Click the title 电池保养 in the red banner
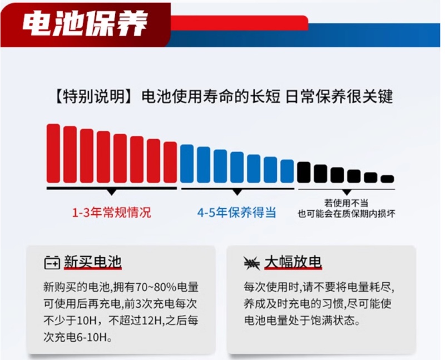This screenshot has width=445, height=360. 85,24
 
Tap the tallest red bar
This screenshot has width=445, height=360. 53,154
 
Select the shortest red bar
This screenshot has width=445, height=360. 170,162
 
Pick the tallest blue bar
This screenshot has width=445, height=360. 187,164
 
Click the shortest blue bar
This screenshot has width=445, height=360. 287,171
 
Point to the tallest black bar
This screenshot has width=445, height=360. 304,172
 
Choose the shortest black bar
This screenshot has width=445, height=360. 387,179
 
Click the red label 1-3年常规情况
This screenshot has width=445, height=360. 112,213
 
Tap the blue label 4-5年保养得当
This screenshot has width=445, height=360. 237,213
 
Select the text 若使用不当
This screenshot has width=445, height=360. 346,203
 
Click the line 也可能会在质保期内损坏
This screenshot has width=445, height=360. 346,214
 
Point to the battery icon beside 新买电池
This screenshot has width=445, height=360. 52,263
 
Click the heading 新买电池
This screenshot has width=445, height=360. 93,262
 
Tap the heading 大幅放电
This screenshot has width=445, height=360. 293,262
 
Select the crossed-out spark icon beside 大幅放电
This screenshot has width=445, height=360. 252,263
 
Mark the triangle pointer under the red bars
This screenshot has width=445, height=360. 112,192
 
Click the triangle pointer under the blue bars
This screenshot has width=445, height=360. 237,192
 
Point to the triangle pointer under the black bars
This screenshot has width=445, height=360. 347,192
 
